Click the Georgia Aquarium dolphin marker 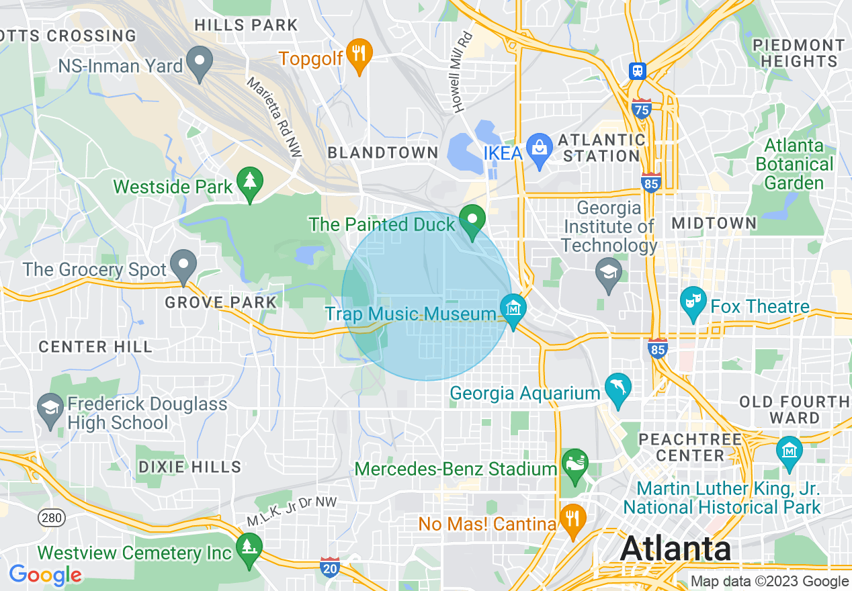617,388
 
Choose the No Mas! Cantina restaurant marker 572,518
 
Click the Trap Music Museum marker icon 514,310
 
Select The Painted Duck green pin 472,220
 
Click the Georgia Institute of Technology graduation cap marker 609,272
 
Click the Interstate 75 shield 642,107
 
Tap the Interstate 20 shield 330,566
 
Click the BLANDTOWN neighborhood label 382,153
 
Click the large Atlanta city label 675,549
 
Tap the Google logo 45,575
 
